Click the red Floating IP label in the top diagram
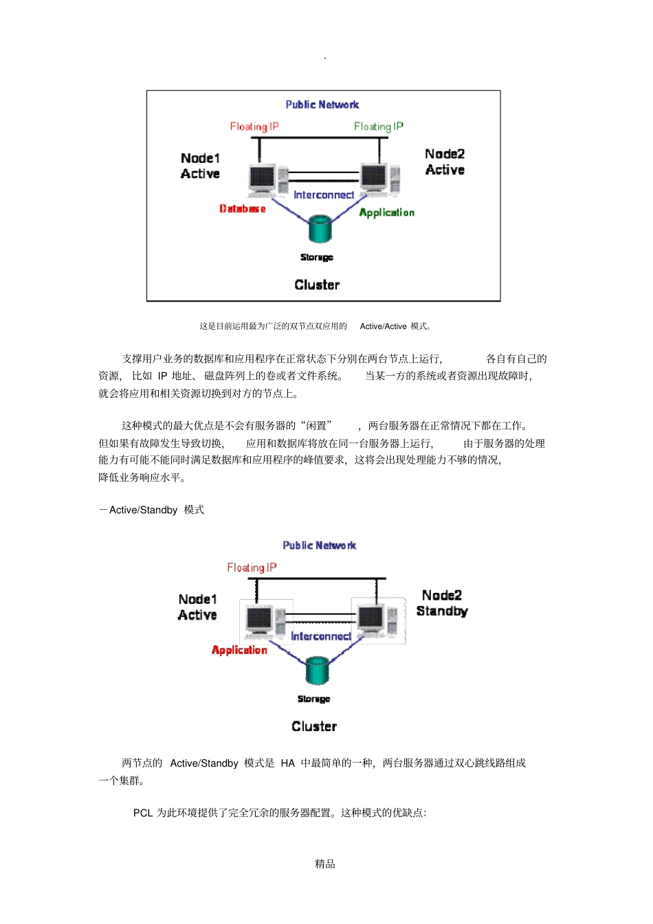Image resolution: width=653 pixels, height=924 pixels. (254, 126)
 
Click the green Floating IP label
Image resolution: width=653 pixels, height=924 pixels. (379, 126)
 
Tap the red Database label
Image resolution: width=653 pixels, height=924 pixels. (242, 209)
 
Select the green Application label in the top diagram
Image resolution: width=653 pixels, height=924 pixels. (386, 213)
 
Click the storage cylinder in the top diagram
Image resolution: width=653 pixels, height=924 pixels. (320, 229)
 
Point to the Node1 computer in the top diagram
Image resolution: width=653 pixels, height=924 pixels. (263, 179)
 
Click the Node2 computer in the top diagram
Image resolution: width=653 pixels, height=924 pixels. (375, 178)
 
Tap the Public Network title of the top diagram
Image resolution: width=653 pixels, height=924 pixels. (322, 104)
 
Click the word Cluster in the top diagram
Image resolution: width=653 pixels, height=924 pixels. (317, 285)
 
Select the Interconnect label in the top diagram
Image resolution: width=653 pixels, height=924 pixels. (324, 195)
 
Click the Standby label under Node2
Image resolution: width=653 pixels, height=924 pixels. (442, 611)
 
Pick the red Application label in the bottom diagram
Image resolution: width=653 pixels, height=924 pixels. (239, 650)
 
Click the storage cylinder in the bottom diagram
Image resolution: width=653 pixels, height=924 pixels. (317, 670)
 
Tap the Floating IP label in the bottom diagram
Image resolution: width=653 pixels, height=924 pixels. (252, 567)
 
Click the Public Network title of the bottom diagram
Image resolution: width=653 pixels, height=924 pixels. (320, 545)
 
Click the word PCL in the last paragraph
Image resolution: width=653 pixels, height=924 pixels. (143, 813)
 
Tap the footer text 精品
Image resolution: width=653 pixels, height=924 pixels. (325, 864)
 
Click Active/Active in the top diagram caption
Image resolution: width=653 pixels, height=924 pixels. (383, 326)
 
